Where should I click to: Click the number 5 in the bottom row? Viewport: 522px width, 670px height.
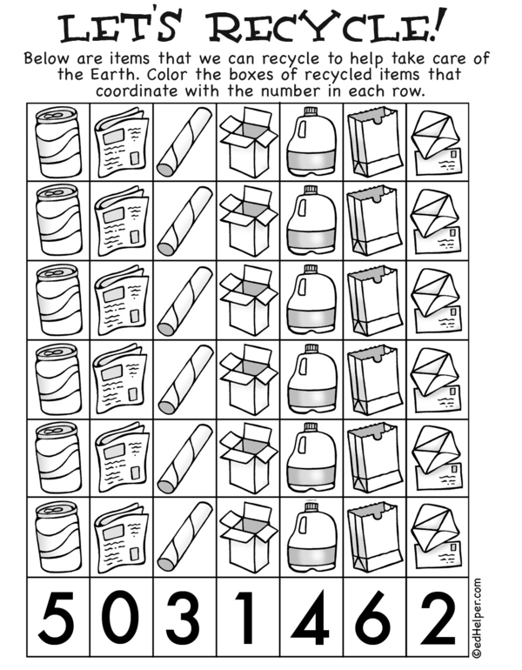[56, 618]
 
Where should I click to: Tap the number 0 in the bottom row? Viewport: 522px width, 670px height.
[122, 618]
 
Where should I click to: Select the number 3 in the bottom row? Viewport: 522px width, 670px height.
[184, 618]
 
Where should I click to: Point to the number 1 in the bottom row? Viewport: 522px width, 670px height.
[246, 618]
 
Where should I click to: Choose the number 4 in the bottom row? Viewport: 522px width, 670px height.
[311, 618]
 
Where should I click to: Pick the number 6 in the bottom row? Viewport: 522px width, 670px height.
[374, 618]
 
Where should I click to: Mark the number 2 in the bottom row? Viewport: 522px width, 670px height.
[438, 618]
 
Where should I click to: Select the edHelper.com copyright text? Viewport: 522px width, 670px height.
[477, 618]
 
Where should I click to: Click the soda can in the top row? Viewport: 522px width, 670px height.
[58, 142]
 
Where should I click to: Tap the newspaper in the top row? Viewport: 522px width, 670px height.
[122, 143]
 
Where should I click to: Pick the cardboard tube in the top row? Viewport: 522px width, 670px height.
[184, 142]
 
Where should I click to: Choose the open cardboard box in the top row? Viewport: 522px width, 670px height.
[248, 143]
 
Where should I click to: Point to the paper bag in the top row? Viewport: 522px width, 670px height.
[375, 142]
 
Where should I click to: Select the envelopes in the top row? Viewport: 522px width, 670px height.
[437, 144]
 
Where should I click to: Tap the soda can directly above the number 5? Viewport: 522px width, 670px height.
[58, 537]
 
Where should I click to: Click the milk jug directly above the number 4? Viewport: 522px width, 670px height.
[311, 537]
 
